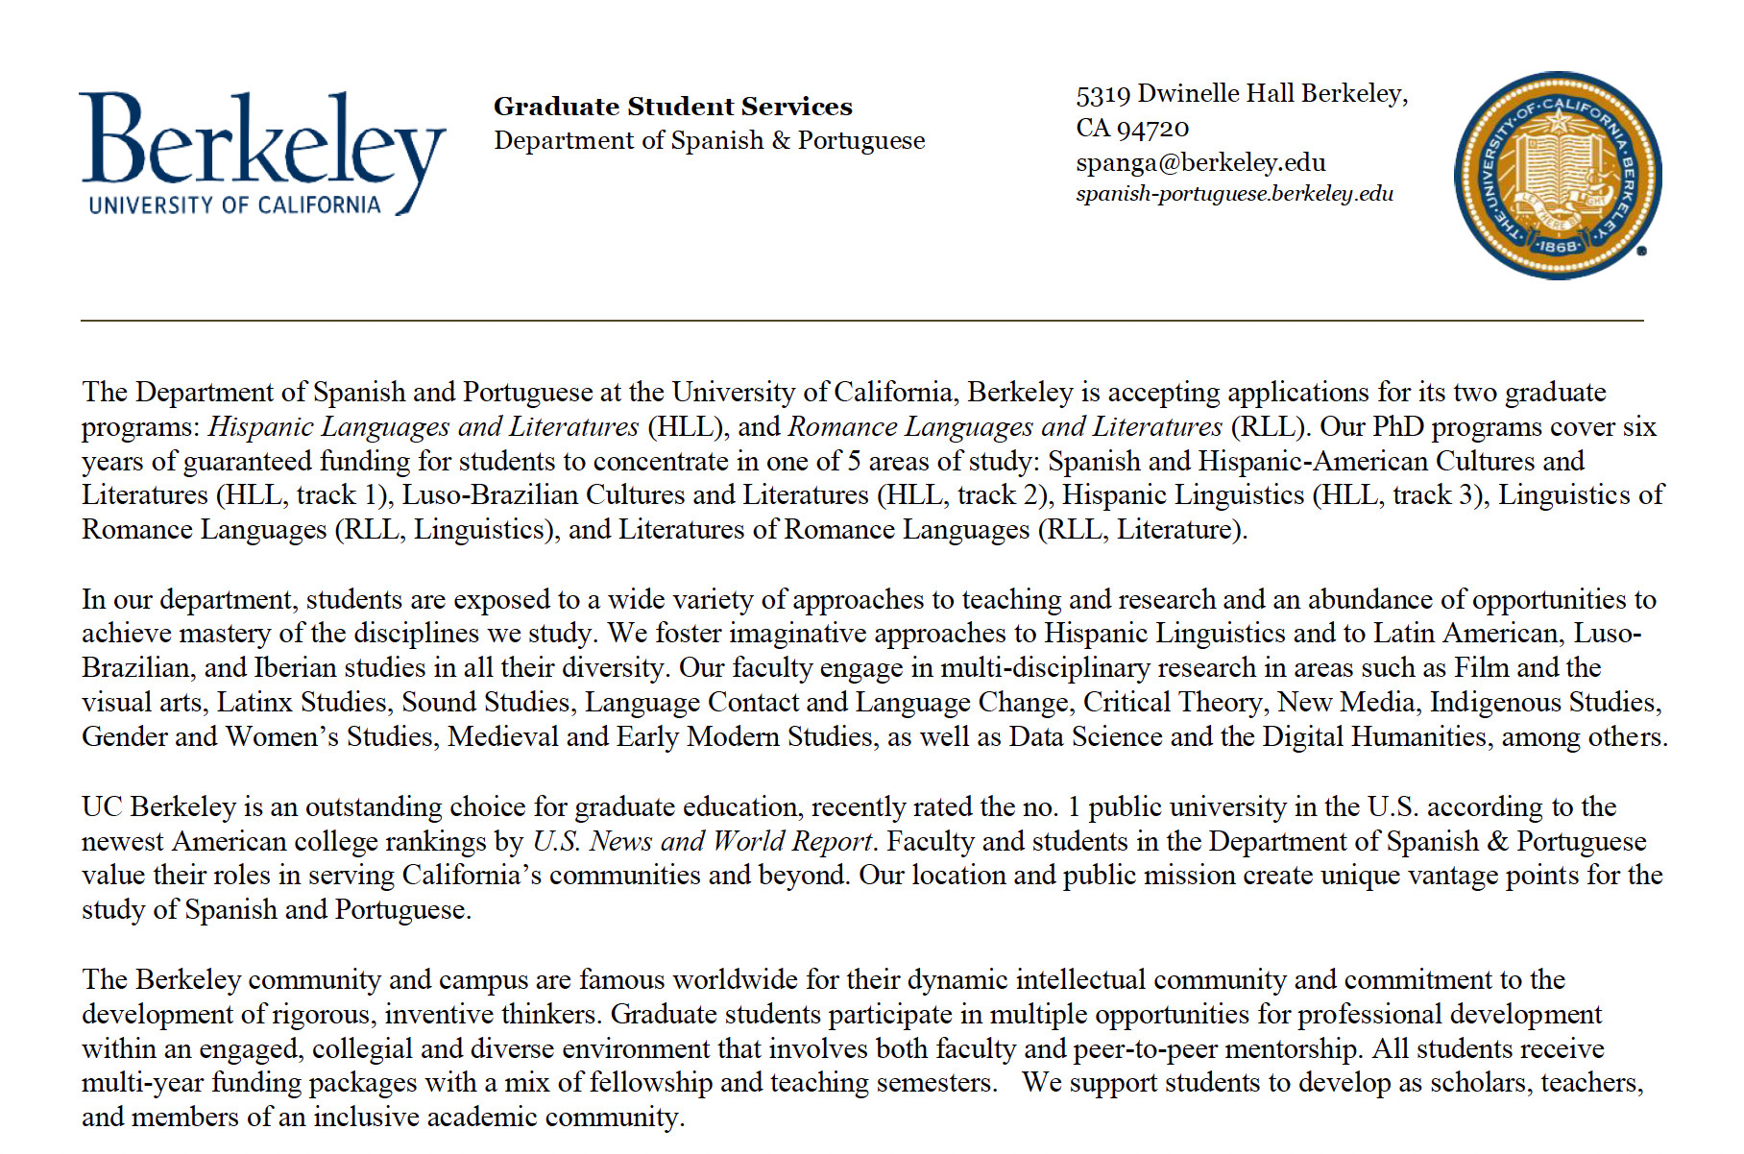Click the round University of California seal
tap(1557, 176)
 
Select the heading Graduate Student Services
tap(672, 107)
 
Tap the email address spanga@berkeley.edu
tap(1200, 162)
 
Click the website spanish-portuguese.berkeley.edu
tap(1234, 194)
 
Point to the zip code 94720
tap(1152, 129)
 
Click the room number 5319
tap(1102, 94)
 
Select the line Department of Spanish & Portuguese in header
tap(709, 141)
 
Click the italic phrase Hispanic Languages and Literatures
tap(424, 426)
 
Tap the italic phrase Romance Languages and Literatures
tap(1005, 426)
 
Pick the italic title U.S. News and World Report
tap(702, 841)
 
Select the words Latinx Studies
tap(302, 703)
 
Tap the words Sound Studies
tap(486, 703)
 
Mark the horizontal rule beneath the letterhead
tap(861, 320)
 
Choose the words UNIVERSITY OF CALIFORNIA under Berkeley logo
tap(234, 205)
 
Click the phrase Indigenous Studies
tap(1544, 703)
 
